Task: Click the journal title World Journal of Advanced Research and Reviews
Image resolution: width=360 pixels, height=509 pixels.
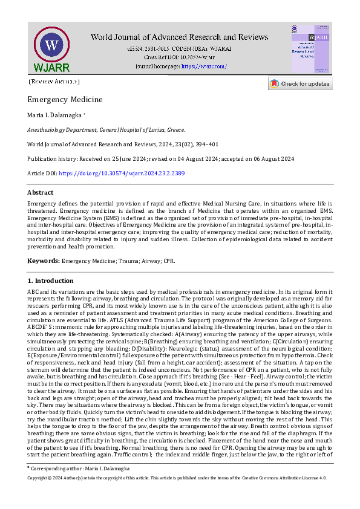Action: (x=179, y=37)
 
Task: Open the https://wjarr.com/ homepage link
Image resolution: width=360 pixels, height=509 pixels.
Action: (x=204, y=66)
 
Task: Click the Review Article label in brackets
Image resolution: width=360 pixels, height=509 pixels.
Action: (x=54, y=81)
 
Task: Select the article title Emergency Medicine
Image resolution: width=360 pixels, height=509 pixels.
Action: (x=65, y=99)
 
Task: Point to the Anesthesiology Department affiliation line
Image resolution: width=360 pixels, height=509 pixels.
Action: (x=106, y=129)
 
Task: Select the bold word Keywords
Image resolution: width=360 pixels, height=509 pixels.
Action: (x=44, y=261)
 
